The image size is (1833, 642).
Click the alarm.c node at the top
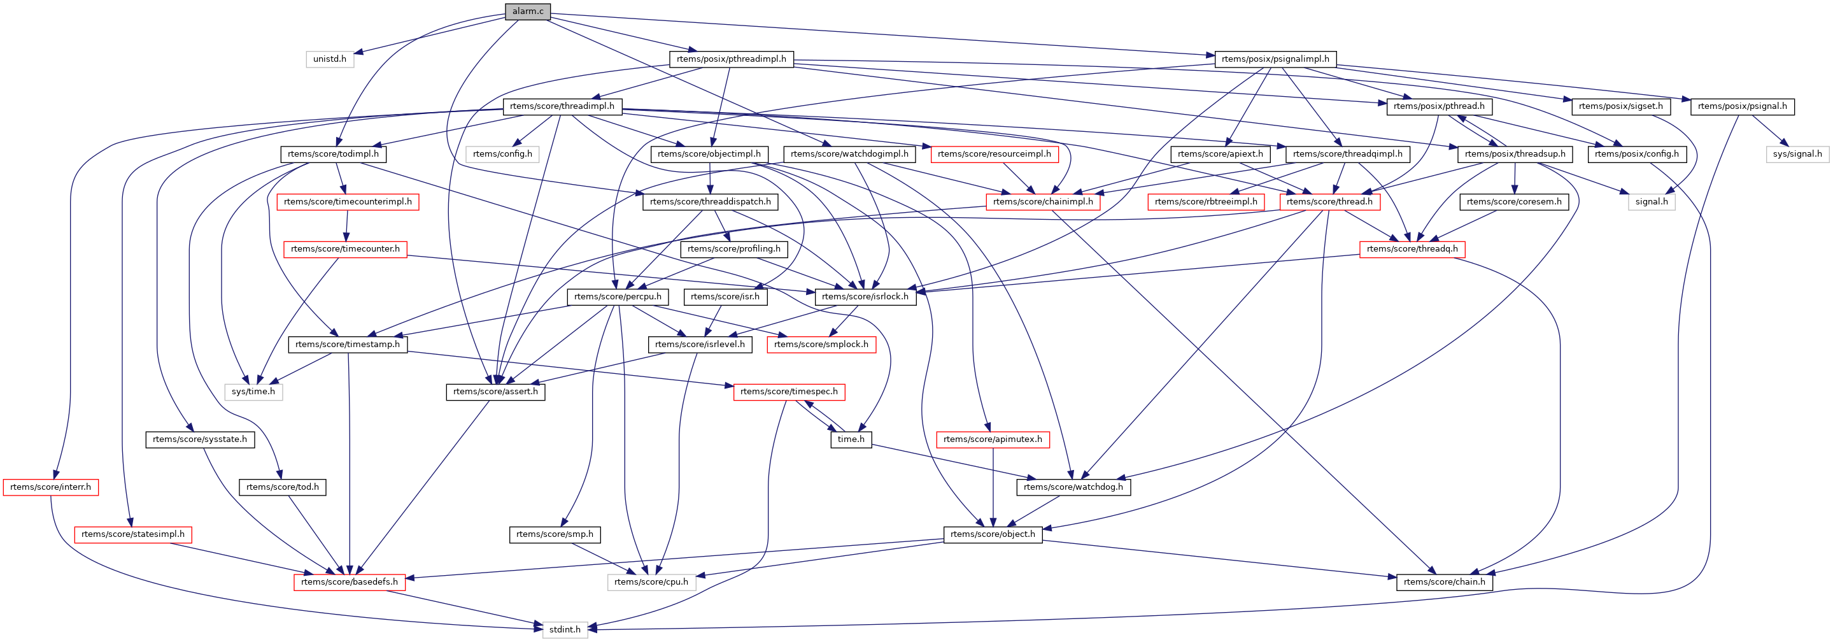coord(527,11)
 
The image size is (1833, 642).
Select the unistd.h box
coord(329,59)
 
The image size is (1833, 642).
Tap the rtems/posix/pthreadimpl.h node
coord(731,59)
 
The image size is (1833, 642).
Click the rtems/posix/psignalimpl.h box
coord(1275,59)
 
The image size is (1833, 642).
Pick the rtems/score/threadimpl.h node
coord(562,107)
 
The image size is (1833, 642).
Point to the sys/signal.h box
coord(1797,153)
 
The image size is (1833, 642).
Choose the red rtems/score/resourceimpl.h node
coord(994,153)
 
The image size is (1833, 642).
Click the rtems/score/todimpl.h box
coord(333,153)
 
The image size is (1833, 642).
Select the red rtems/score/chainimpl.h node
coord(1042,201)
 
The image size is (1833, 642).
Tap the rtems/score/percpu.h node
coord(618,297)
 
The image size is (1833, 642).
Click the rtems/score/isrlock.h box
coord(865,297)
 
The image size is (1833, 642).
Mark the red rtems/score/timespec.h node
coord(788,392)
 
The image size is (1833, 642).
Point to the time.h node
coord(851,439)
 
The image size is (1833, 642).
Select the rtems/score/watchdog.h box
coord(1073,487)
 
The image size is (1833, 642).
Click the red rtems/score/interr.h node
coord(50,487)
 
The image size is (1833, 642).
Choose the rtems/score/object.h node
coord(993,534)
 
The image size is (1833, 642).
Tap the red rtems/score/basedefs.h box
coord(350,581)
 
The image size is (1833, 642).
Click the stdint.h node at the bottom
coord(565,629)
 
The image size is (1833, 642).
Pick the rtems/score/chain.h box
coord(1445,581)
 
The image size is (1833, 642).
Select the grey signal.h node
coord(1651,201)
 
